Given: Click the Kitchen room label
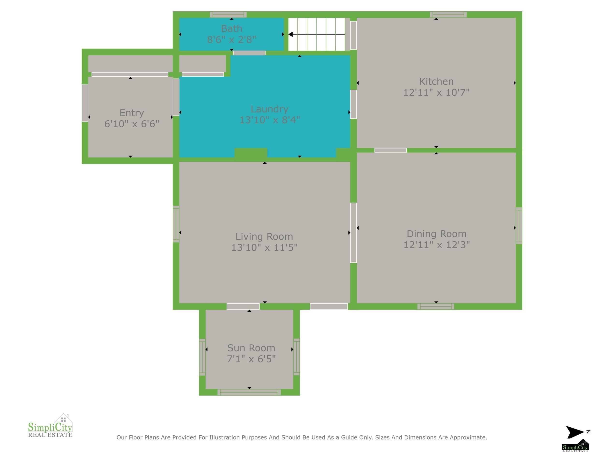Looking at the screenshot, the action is pyautogui.click(x=436, y=81).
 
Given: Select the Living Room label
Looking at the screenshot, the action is pyautogui.click(x=264, y=237).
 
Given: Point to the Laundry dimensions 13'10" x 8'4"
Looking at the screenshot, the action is pyautogui.click(x=270, y=120).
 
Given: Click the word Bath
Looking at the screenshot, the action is pyautogui.click(x=231, y=29).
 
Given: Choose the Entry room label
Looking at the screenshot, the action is pyautogui.click(x=132, y=113).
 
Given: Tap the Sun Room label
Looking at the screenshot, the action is pyautogui.click(x=251, y=348).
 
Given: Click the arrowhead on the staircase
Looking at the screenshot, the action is pyautogui.click(x=291, y=34).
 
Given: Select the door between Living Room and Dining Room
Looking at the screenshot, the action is pyautogui.click(x=353, y=233).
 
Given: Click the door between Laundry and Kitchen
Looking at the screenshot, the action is pyautogui.click(x=353, y=104).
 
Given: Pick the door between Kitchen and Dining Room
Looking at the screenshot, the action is pyautogui.click(x=390, y=150).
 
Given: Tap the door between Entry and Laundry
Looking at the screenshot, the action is pyautogui.click(x=176, y=97).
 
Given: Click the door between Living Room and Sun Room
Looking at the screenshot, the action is pyautogui.click(x=243, y=306).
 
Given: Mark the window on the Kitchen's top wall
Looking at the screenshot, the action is pyautogui.click(x=448, y=14).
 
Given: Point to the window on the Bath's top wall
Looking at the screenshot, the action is pyautogui.click(x=228, y=14).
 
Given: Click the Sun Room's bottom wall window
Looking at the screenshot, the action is pyautogui.click(x=249, y=392).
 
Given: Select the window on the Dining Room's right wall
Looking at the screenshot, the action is pyautogui.click(x=519, y=226).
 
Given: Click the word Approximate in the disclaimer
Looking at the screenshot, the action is pyautogui.click(x=468, y=438).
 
